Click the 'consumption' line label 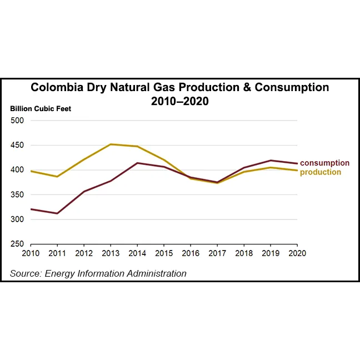325,163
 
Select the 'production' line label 321,172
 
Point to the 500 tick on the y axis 17,121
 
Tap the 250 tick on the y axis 17,244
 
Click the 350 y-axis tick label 17,195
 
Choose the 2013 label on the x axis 111,253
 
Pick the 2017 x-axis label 217,253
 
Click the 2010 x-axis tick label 31,253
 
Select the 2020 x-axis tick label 297,253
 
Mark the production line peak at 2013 111,144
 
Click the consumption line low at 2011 57,213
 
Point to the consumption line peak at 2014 137,163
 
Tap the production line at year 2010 31,171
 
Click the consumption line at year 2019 271,161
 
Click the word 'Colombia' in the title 54,88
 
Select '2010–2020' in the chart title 179,102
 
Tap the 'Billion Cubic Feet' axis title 41,108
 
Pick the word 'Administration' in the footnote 159,273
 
